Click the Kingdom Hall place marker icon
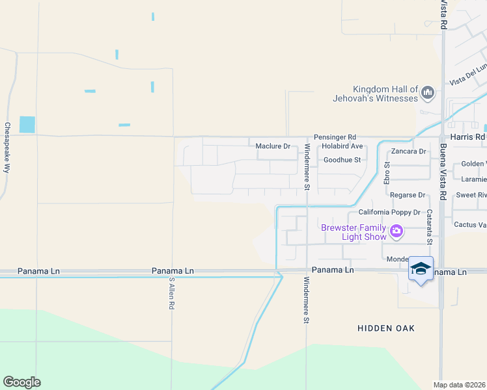pos(428,94)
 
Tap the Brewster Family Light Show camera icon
pos(395,231)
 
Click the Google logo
pos(21,382)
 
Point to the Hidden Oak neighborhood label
pos(386,328)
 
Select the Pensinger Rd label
pos(335,137)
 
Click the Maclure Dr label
pos(273,146)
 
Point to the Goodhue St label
pos(342,159)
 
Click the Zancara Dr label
pos(408,151)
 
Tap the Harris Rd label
pos(467,137)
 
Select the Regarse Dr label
pos(407,195)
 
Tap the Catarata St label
pos(430,227)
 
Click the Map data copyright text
pos(460,385)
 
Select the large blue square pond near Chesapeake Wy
pos(27,124)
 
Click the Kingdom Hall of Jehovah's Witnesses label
pos(384,94)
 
